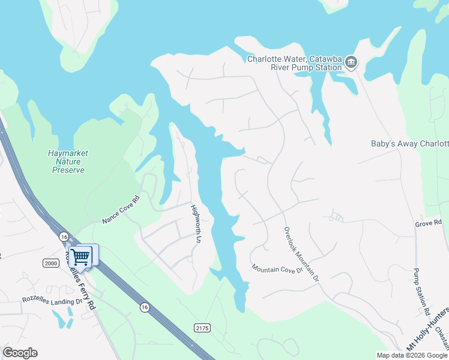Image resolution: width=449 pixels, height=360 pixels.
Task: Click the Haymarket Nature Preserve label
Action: click(68, 161)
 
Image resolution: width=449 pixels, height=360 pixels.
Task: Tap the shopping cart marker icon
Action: click(80, 257)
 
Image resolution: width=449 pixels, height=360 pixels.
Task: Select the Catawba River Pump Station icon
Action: click(352, 62)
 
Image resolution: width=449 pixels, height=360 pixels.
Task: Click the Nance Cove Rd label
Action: click(121, 209)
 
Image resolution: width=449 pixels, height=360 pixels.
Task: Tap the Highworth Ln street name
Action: click(196, 223)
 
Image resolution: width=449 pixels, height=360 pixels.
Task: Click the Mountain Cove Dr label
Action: click(277, 269)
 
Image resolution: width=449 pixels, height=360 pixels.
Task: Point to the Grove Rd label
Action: click(428, 223)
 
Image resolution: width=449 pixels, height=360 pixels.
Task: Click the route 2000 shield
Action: click(50, 263)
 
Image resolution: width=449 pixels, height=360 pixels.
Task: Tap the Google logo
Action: click(20, 353)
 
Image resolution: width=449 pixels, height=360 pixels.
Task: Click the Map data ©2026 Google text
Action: click(412, 355)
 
